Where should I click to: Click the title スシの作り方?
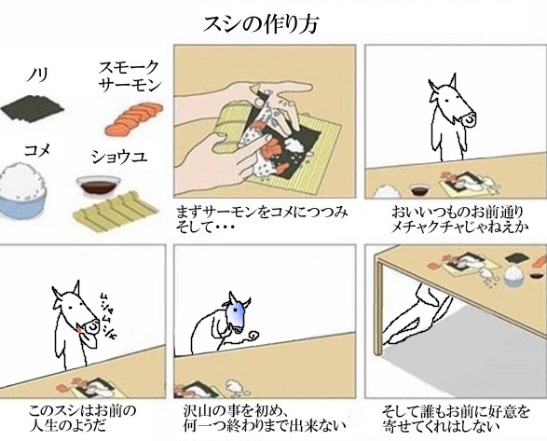(260, 24)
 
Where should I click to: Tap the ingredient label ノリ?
(37, 75)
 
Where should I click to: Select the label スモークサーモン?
(130, 76)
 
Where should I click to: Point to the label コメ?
(37, 150)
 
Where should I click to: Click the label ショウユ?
(119, 158)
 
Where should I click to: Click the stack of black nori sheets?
(33, 108)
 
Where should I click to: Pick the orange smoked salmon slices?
(134, 118)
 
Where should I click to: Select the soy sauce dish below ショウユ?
(99, 186)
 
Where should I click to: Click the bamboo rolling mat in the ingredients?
(116, 212)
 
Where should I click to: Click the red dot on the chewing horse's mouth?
(80, 330)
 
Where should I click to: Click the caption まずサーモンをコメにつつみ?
(262, 212)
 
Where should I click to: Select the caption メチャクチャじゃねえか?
(459, 227)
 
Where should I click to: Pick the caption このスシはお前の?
(82, 410)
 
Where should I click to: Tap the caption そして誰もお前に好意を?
(456, 411)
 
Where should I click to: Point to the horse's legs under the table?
(418, 314)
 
